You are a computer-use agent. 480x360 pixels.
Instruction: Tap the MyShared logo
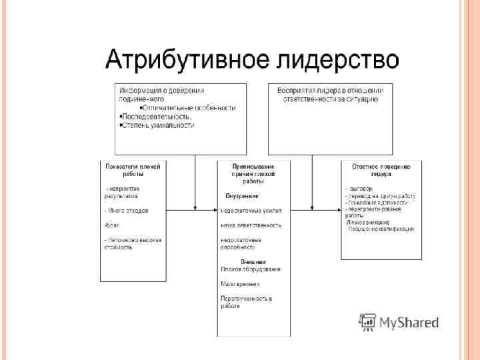coord(399,323)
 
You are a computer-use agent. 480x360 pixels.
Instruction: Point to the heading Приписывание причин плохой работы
coord(253,173)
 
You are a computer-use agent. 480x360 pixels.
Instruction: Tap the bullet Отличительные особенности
coord(189,107)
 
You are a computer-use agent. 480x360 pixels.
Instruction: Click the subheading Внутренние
coord(241,196)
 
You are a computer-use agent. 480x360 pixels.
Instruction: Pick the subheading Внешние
coord(253,261)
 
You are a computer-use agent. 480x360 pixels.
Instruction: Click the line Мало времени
coord(239,283)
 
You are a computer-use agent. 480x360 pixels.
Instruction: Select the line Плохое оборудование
coord(250,269)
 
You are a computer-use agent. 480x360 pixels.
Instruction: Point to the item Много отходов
coord(127,211)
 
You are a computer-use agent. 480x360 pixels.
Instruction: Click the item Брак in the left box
coord(111,225)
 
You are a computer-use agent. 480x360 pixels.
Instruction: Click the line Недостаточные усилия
coord(251,211)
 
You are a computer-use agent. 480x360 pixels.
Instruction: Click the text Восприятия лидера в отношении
coord(329,91)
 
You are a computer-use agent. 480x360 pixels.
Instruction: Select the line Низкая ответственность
coord(251,225)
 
